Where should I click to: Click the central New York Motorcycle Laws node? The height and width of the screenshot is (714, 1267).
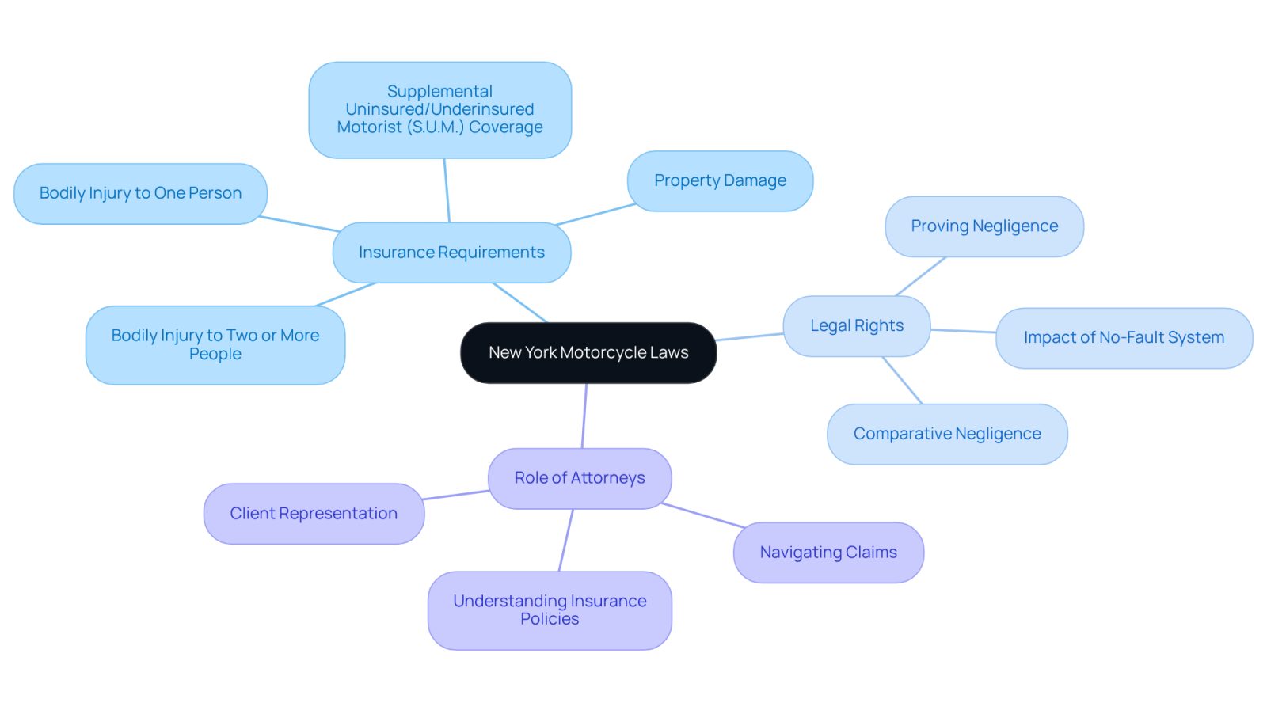click(x=588, y=353)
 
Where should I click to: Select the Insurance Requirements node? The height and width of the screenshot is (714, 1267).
click(x=451, y=253)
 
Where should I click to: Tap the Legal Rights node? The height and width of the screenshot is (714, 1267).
click(x=856, y=325)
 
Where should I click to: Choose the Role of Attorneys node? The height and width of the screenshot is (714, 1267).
click(x=580, y=478)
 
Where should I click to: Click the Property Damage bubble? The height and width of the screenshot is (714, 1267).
click(x=720, y=181)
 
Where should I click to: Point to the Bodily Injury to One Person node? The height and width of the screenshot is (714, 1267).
click(x=140, y=193)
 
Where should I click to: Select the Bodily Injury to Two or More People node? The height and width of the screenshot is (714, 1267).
click(x=215, y=345)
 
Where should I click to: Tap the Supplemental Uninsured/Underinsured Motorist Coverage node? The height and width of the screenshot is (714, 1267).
click(x=439, y=110)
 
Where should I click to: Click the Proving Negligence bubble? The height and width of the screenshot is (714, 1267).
click(x=984, y=226)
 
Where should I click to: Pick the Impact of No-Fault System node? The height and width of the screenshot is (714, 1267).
click(x=1124, y=338)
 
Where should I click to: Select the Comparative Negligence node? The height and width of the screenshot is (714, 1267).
click(x=947, y=434)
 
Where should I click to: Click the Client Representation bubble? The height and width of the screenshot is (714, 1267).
click(x=314, y=513)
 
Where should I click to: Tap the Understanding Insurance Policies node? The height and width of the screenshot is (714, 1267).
click(x=550, y=610)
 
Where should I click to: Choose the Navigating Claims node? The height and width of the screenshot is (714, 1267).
click(x=828, y=553)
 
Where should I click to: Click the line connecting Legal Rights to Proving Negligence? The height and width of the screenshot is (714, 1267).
click(x=921, y=276)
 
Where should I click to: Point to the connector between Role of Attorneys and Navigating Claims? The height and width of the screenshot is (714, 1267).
click(x=703, y=515)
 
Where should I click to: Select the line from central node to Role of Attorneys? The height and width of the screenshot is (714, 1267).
click(x=584, y=416)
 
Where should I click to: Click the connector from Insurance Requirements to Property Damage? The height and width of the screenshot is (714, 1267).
click(x=595, y=215)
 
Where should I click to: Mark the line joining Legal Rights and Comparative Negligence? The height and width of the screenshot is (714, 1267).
click(x=902, y=380)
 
